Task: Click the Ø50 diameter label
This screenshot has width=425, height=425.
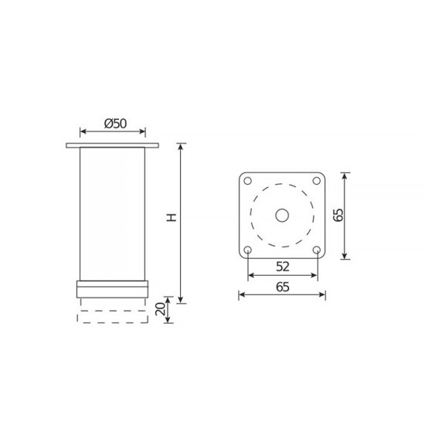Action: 115,124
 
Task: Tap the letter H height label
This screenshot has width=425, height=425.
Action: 172,217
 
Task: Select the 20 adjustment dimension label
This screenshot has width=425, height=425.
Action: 160,309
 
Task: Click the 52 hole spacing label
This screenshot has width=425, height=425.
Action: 283,267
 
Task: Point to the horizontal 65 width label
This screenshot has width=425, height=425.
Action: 282,287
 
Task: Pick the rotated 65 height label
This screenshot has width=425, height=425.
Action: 338,216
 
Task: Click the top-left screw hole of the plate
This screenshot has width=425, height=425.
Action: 247,181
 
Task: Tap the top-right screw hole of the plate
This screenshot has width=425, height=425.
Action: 317,181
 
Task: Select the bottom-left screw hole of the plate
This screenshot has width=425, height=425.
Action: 247,250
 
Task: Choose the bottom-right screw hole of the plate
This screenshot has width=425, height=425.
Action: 317,250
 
